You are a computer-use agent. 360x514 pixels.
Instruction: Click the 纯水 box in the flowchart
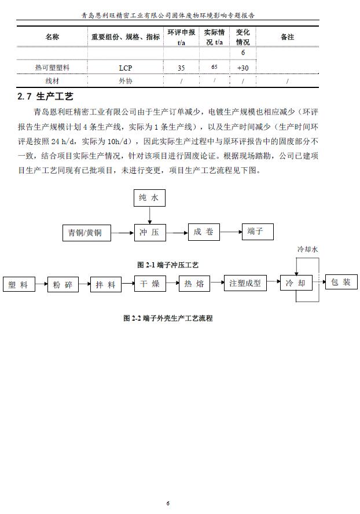pyautogui.click(x=149, y=198)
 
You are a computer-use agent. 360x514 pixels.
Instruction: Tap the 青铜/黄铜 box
pyautogui.click(x=85, y=233)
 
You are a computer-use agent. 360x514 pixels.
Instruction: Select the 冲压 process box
pyautogui.click(x=149, y=233)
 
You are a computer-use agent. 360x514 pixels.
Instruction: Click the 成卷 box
pyautogui.click(x=204, y=232)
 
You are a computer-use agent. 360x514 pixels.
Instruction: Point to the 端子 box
pyautogui.click(x=255, y=232)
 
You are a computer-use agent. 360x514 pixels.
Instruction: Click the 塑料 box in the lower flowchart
pyautogui.click(x=19, y=285)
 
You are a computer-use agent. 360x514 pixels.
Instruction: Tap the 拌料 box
pyautogui.click(x=106, y=285)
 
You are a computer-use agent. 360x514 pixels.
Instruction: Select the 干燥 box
pyautogui.click(x=150, y=284)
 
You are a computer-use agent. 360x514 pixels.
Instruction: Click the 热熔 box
pyautogui.click(x=194, y=284)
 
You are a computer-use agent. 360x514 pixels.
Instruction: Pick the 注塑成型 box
pyautogui.click(x=245, y=284)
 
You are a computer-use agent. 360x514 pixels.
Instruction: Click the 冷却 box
pyautogui.click(x=296, y=284)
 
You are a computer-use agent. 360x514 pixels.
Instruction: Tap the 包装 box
pyautogui.click(x=339, y=282)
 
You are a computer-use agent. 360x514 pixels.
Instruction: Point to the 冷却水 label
pyautogui.click(x=308, y=249)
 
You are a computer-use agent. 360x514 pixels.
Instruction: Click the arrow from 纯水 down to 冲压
pyautogui.click(x=149, y=215)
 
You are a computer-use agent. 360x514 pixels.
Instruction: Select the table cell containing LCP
pyautogui.click(x=126, y=68)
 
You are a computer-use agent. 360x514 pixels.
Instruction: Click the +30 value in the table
pyautogui.click(x=243, y=68)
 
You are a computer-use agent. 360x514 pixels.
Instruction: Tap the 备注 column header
pyautogui.click(x=287, y=37)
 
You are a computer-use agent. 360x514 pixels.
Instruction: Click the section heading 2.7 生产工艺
pyautogui.click(x=46, y=96)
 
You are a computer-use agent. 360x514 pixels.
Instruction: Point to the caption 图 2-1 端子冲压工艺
pyautogui.click(x=168, y=265)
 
